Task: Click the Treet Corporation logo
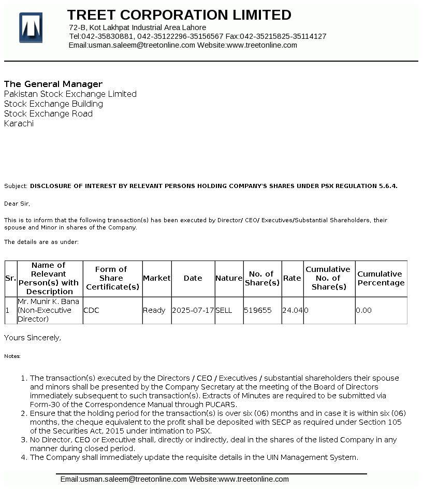point(31,27)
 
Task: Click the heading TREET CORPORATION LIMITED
point(179,15)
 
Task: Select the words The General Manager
point(53,84)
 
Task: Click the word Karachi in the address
point(19,123)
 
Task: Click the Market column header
point(156,278)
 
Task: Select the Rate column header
point(292,278)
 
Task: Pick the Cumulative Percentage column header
point(381,278)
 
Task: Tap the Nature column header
point(229,278)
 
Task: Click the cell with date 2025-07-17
point(193,310)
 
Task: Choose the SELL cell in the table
point(224,310)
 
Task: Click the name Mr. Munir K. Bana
point(48,301)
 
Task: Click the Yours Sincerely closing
point(33,338)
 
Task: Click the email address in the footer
point(123,479)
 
